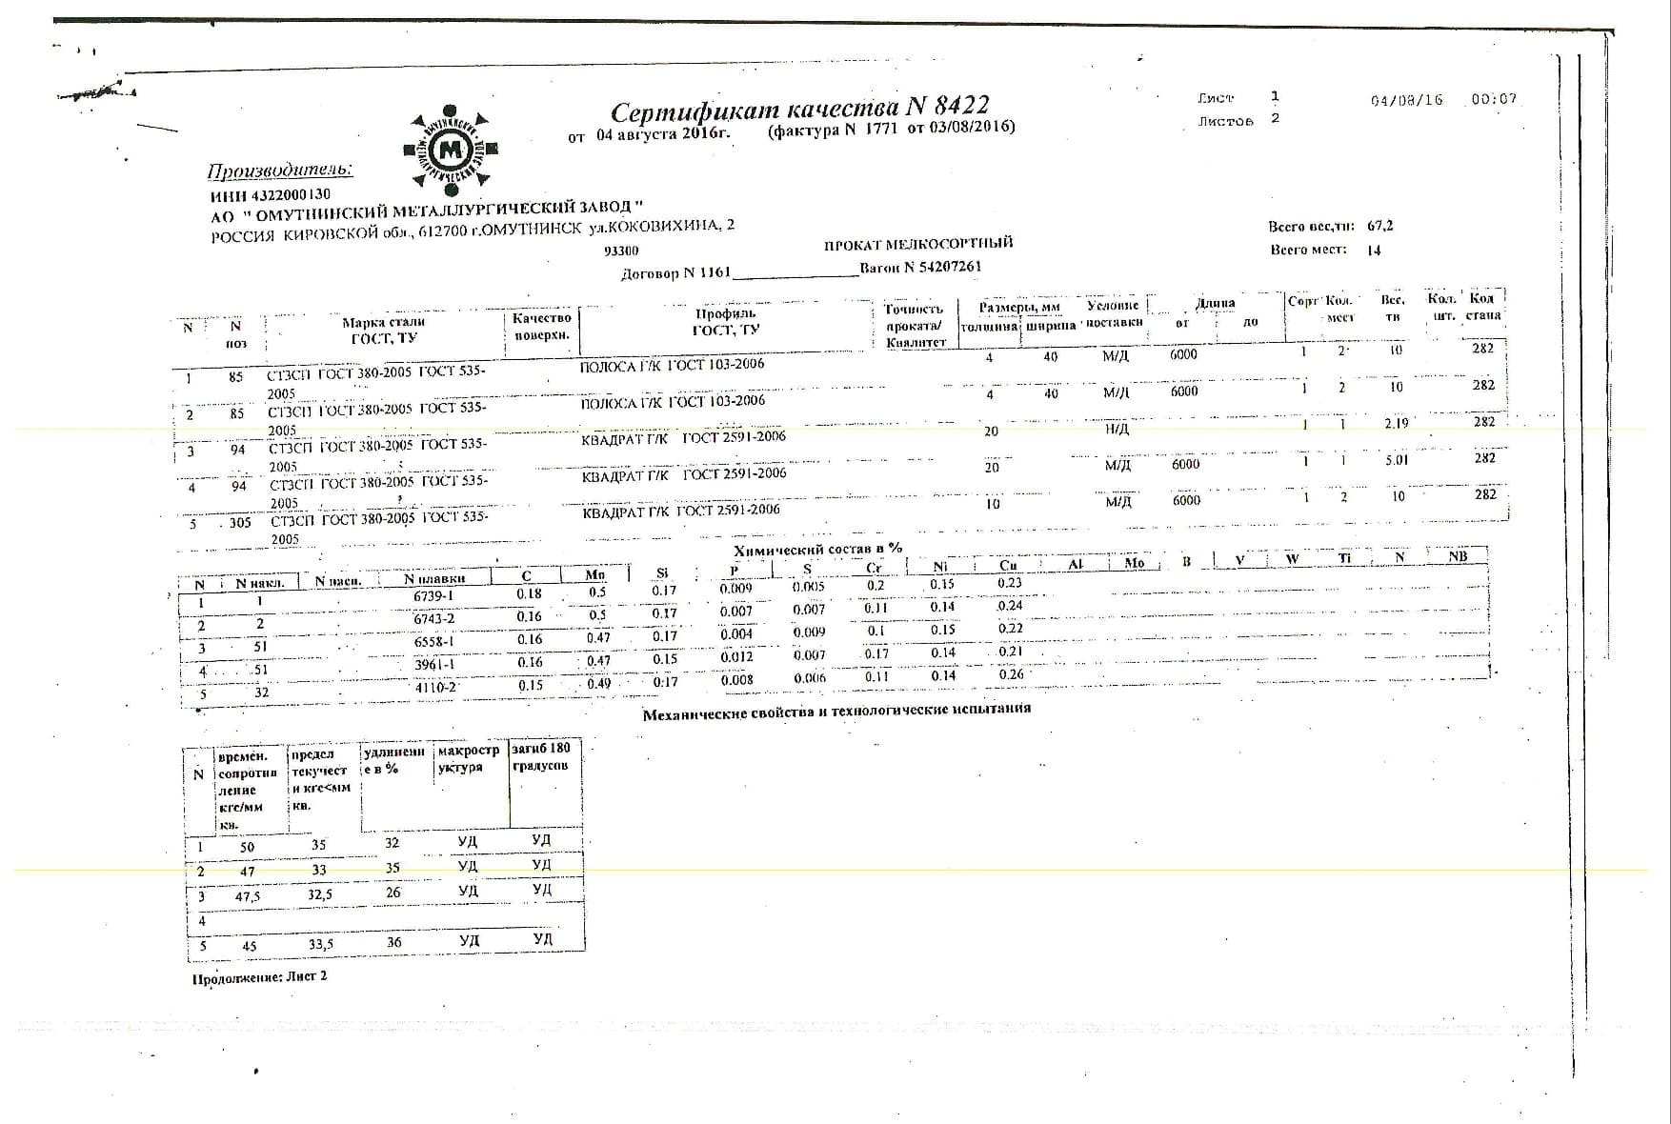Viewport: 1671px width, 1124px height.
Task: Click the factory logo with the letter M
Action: (x=451, y=150)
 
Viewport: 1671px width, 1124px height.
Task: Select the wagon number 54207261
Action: (x=947, y=268)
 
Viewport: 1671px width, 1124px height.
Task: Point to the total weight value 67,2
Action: (x=1379, y=227)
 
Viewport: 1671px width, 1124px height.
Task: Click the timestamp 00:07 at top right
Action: (x=1493, y=99)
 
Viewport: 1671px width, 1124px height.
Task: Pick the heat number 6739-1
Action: (x=434, y=596)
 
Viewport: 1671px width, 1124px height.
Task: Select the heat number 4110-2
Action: (x=436, y=687)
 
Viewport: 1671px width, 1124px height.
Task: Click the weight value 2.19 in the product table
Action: (x=1396, y=423)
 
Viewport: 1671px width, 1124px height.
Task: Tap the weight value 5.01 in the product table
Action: (x=1396, y=459)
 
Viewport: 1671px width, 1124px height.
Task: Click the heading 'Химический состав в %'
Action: (x=817, y=550)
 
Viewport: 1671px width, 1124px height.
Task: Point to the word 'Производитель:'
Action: (x=279, y=171)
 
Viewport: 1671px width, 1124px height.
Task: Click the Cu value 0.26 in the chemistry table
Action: (x=1011, y=674)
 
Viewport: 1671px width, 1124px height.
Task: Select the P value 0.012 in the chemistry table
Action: (x=736, y=656)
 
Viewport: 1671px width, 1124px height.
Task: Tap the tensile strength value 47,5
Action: (x=248, y=896)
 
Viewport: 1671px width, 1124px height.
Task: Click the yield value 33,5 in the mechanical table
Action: (x=321, y=945)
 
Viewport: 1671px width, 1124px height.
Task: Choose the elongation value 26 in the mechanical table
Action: (x=393, y=893)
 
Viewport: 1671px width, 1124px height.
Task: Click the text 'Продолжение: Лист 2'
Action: (x=259, y=977)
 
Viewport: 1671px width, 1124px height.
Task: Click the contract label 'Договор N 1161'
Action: (x=674, y=273)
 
